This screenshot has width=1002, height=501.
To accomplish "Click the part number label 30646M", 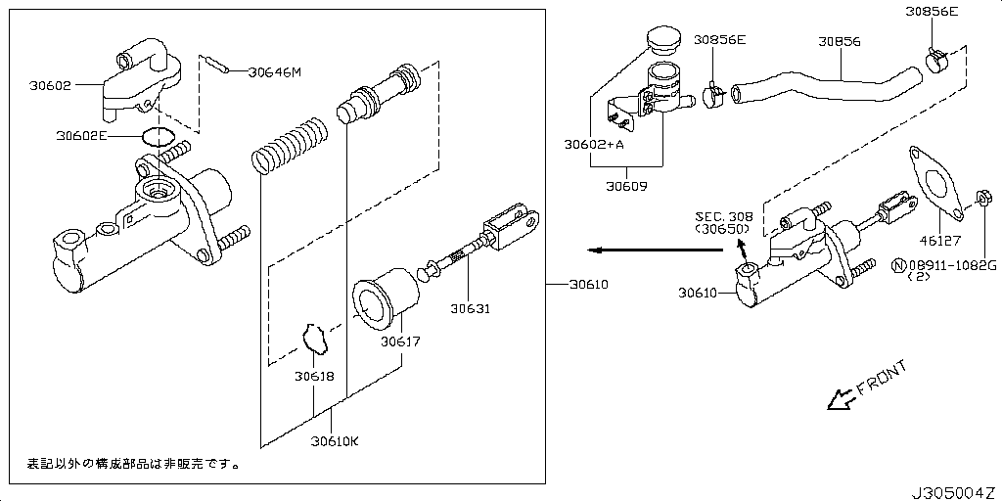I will point(275,71).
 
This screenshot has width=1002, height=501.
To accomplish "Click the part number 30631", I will point(470,309).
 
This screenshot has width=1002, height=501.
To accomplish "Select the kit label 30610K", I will point(335,440).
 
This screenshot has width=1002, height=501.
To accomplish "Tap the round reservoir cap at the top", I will point(663,42).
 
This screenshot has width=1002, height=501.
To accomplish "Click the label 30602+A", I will point(594,144).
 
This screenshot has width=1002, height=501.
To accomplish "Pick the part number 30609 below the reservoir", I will point(626,184).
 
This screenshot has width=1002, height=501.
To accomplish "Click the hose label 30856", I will point(840,42).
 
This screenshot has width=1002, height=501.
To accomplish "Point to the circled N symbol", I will point(897,265).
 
